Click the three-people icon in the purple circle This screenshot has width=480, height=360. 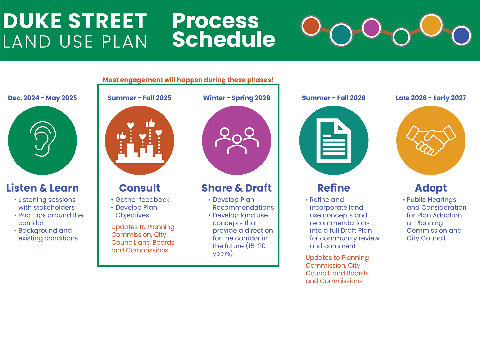(x=237, y=140)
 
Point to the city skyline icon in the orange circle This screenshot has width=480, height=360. (x=140, y=142)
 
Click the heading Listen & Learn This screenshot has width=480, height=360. (x=43, y=188)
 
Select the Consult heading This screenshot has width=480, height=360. (x=139, y=188)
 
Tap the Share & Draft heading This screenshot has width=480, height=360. (x=237, y=188)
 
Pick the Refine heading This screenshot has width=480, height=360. (x=334, y=188)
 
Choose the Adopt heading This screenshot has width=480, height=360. (x=431, y=188)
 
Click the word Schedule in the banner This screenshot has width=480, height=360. (x=224, y=39)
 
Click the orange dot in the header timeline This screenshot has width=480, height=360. (x=311, y=26)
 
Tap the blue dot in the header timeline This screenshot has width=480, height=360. (x=461, y=35)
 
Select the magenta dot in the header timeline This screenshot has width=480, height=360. (x=371, y=28)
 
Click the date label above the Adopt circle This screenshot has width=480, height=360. (x=431, y=98)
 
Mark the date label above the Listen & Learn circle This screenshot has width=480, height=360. (x=43, y=98)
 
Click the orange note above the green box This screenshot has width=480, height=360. (x=188, y=79)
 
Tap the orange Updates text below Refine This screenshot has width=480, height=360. (x=337, y=269)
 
